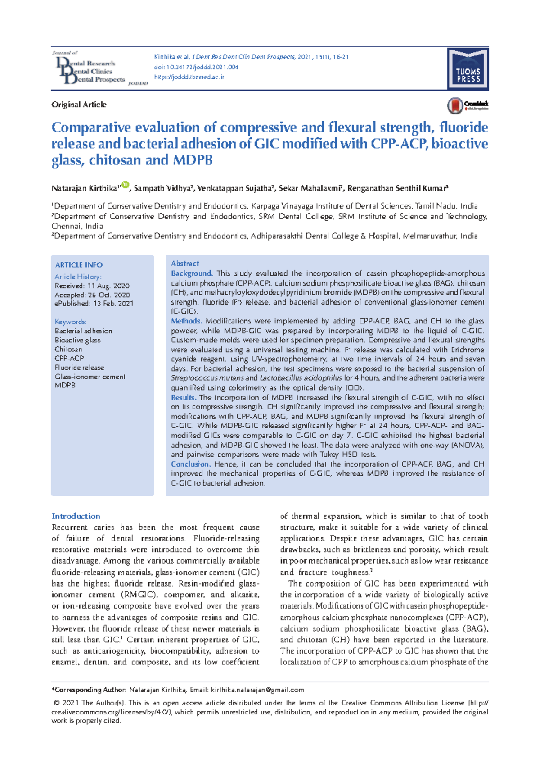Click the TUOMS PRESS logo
pos(468,69)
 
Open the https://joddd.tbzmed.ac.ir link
pos(189,77)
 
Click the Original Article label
pos(79,105)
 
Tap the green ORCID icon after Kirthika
pos(125,185)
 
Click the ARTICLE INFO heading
pos(79,265)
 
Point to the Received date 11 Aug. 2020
pos(92,286)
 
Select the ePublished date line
pos(94,304)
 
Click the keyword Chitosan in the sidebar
pos(68,350)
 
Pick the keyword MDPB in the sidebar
pos(65,386)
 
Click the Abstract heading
pos(185,264)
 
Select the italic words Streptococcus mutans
pos(207,378)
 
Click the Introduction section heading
pos(76,516)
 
